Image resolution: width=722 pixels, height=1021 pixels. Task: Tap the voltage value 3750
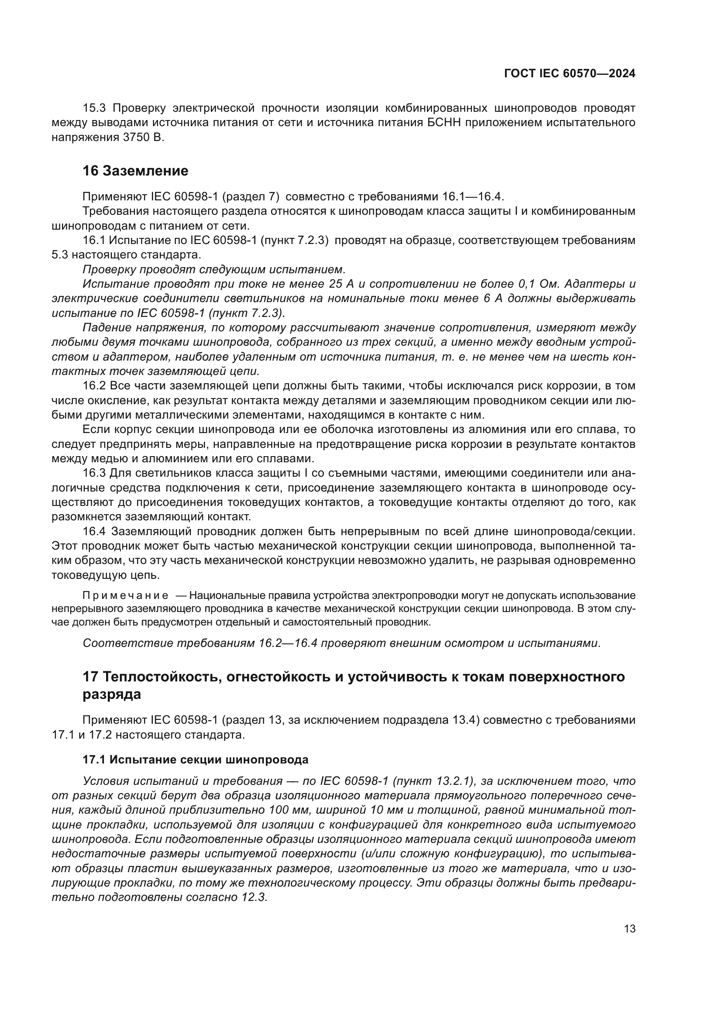[135, 138]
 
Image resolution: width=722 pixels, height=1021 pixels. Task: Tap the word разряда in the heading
[112, 694]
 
